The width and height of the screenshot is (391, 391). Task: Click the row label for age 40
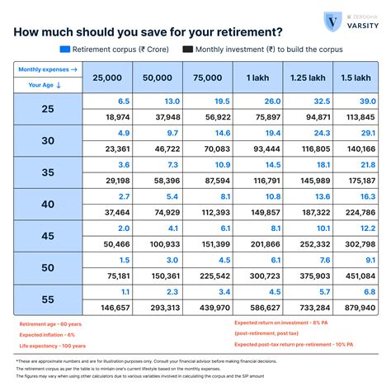47,204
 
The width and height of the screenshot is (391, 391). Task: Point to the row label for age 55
47,299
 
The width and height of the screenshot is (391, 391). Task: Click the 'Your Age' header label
41,84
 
